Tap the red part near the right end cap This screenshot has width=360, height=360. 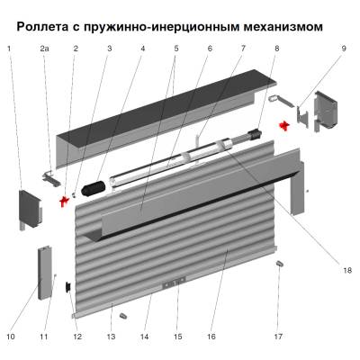[284, 124]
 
